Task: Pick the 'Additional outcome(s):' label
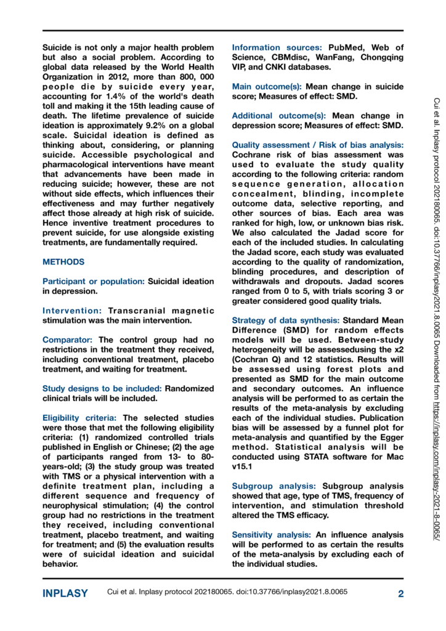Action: pyautogui.click(x=281, y=115)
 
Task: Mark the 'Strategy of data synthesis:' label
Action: pyautogui.click(x=285, y=320)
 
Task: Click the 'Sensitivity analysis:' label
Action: pyautogui.click(x=269, y=534)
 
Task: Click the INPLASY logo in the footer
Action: pyautogui.click(x=65, y=593)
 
